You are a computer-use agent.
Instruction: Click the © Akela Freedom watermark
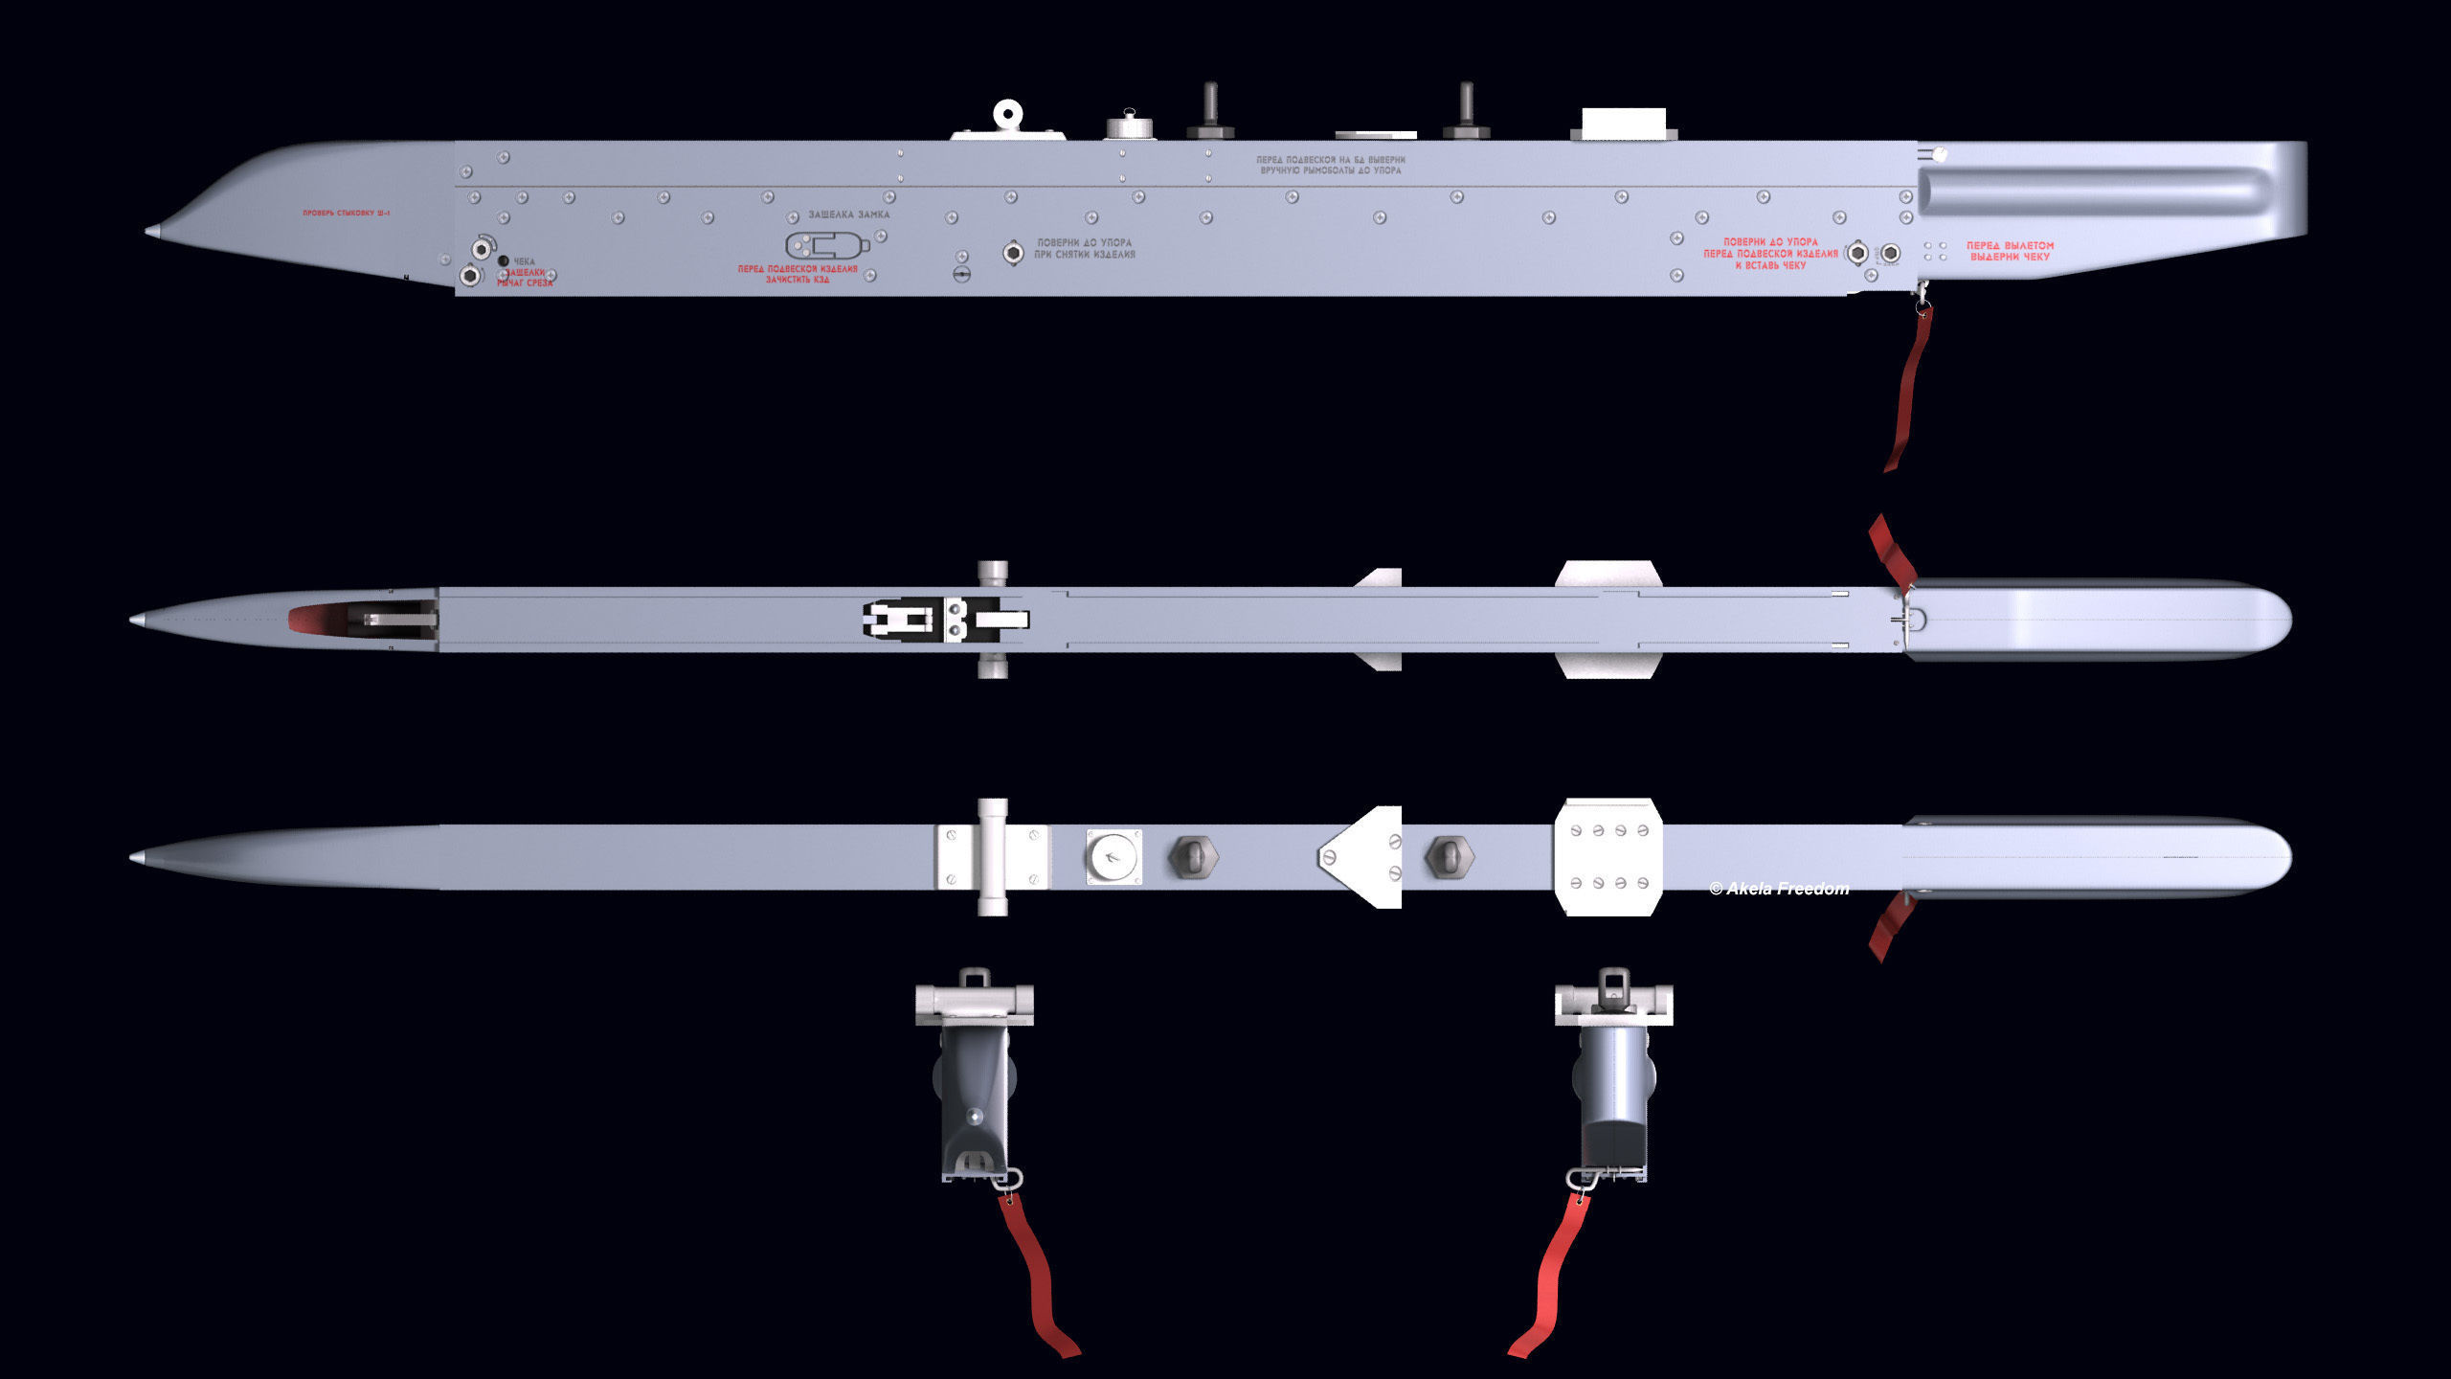[x=1779, y=890]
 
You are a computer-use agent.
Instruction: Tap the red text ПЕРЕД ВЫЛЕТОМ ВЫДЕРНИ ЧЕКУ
[x=2010, y=251]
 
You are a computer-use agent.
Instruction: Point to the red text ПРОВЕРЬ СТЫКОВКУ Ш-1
[x=347, y=213]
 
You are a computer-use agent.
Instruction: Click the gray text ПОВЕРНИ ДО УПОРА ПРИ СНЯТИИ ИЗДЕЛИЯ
[x=1085, y=249]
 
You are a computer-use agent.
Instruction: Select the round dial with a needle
[x=1113, y=857]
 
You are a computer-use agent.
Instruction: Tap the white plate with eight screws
[x=1609, y=857]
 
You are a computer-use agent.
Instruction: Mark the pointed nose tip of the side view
[x=151, y=232]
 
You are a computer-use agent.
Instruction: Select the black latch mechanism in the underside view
[x=900, y=619]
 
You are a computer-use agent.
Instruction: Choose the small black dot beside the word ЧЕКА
[x=504, y=260]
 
